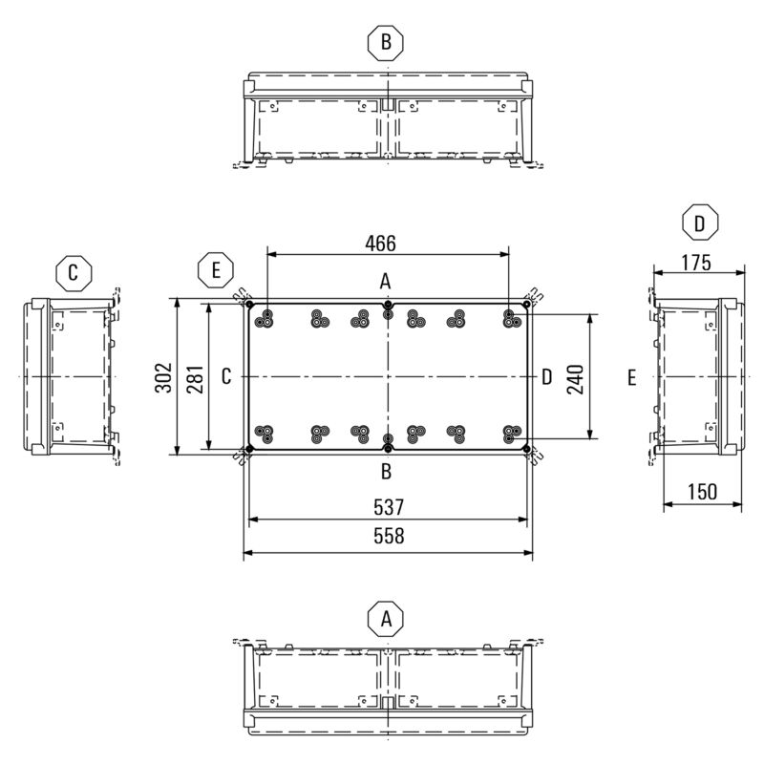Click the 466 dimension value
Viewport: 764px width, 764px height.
[x=380, y=244]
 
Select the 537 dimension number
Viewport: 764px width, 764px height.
[x=389, y=507]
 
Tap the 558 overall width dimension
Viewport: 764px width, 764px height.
[x=389, y=536]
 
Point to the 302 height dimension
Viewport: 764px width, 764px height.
[x=163, y=377]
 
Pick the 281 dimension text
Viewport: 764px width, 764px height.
[x=196, y=379]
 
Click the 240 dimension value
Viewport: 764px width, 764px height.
[x=576, y=379]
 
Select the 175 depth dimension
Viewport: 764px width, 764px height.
[x=696, y=263]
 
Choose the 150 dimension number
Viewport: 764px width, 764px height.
[x=702, y=492]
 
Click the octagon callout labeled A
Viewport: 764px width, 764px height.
[x=386, y=619]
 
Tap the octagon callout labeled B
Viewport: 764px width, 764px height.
[x=386, y=42]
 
